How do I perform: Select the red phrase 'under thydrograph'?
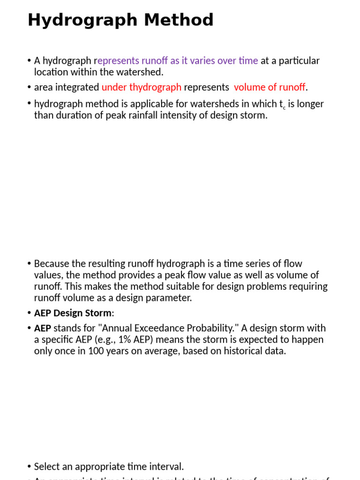[x=141, y=87]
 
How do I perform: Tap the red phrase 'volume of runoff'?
[x=270, y=87]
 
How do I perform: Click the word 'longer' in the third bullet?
[x=310, y=104]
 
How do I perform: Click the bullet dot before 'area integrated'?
[x=29, y=87]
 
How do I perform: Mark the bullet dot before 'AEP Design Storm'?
[x=29, y=313]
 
